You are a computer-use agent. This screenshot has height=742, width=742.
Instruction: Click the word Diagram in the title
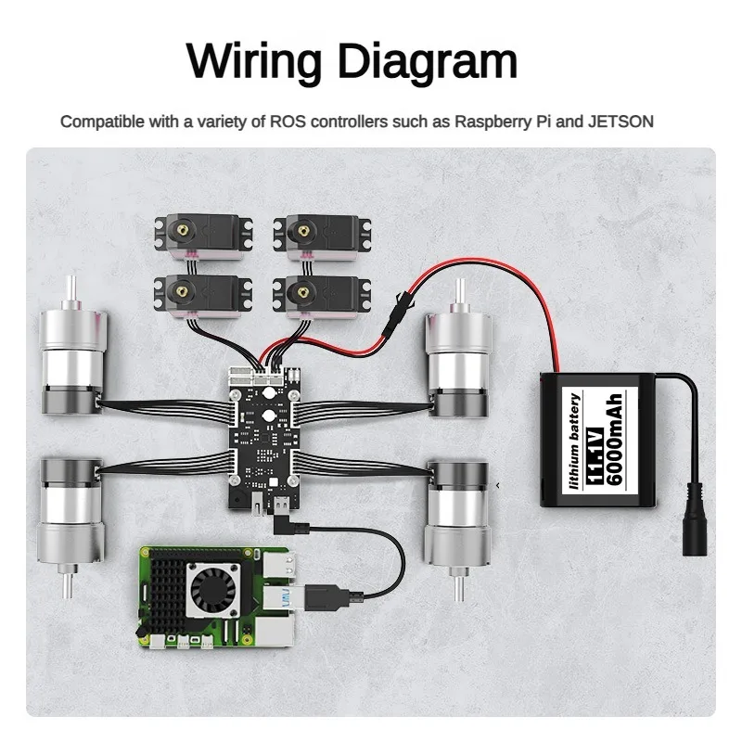click(426, 62)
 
